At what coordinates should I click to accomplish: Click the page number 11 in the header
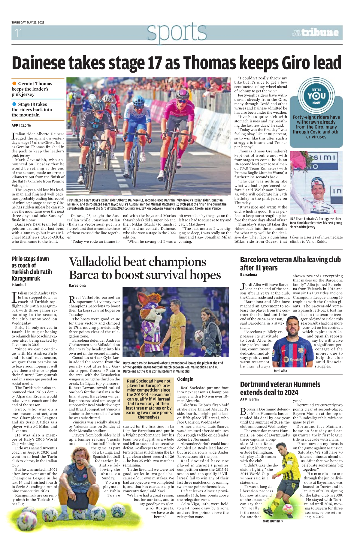[19, 33]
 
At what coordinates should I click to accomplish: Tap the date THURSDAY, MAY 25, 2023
[28, 22]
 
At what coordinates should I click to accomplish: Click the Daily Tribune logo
[315, 32]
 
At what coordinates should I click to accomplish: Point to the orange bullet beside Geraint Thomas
[14, 83]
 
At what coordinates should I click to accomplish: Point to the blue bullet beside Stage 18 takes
[14, 104]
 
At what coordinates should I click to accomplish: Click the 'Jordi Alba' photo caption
[280, 371]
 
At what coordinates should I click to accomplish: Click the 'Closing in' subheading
[185, 379]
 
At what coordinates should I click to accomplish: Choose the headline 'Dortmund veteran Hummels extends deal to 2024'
[280, 388]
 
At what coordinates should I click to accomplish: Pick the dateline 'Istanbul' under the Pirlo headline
[19, 285]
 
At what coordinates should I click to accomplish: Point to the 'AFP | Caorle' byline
[21, 125]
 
